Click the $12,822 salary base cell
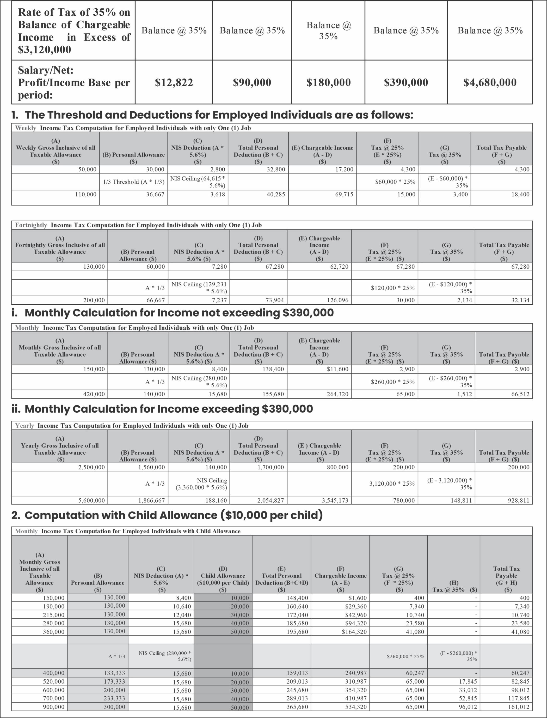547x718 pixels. click(174, 82)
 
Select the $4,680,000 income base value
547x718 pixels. click(490, 82)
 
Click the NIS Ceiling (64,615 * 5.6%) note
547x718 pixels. click(198, 182)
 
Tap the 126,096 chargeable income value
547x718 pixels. click(337, 300)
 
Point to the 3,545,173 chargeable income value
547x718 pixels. click(335, 500)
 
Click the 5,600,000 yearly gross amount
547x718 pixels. click(91, 500)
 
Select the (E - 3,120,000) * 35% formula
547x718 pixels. click(450, 484)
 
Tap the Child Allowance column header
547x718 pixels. click(223, 579)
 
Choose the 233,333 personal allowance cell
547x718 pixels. click(114, 698)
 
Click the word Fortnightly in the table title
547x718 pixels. click(31, 225)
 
